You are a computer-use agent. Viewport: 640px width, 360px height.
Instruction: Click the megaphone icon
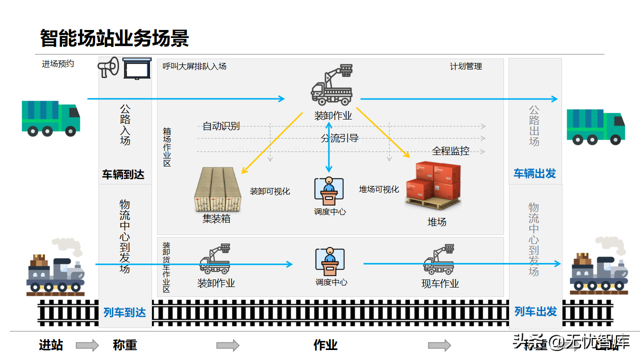coord(108,67)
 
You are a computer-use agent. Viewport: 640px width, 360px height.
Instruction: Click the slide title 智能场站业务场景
coord(114,38)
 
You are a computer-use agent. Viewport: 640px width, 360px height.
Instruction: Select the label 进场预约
coord(58,64)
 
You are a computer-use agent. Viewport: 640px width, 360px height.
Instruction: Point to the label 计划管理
coord(466,66)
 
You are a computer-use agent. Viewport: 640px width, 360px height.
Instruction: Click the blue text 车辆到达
coord(123,174)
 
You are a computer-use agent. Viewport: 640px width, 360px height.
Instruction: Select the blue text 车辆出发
coord(535,174)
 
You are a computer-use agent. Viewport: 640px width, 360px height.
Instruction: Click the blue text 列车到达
coord(124,312)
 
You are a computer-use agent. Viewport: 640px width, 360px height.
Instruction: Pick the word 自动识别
coord(221,126)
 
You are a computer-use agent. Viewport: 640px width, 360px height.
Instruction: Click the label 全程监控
coord(451,151)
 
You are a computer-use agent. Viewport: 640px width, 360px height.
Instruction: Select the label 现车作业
coord(440,284)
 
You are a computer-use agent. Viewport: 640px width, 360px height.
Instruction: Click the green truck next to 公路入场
coord(50,118)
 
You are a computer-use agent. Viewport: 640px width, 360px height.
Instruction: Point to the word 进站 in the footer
coord(51,345)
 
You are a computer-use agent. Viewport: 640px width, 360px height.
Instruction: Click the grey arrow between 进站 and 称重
coord(87,345)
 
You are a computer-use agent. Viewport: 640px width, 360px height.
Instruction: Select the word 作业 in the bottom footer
coord(325,345)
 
